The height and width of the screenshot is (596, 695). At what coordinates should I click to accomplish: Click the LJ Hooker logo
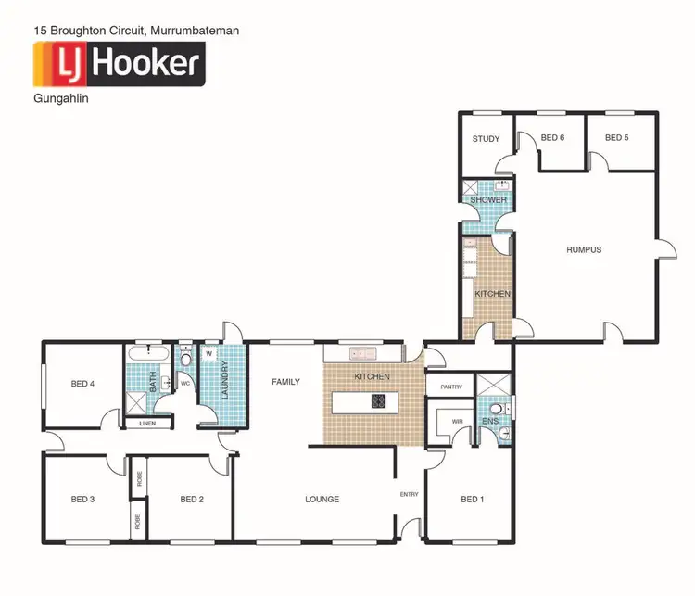[x=119, y=64]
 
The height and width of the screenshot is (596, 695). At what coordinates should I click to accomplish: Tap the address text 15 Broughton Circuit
[x=136, y=31]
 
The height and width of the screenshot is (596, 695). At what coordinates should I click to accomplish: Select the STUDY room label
[x=486, y=139]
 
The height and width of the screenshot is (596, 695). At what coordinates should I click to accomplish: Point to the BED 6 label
[x=552, y=138]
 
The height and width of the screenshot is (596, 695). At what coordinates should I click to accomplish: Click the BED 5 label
[x=616, y=138]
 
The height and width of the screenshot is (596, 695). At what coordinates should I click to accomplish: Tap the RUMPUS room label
[x=585, y=249]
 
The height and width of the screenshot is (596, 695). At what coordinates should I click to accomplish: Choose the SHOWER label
[x=488, y=200]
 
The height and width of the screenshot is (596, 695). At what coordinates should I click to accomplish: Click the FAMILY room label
[x=285, y=381]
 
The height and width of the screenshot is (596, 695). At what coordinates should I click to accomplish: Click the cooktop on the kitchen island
[x=379, y=401]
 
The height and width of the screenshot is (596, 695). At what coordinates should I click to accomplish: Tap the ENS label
[x=490, y=422]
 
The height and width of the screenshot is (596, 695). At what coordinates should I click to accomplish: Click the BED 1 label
[x=472, y=500]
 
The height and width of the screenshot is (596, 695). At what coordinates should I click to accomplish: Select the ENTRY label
[x=409, y=494]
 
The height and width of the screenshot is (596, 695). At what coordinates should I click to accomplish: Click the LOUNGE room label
[x=322, y=500]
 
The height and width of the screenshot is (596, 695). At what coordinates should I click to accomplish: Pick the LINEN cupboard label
[x=147, y=424]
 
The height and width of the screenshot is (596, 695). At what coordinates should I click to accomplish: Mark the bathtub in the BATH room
[x=150, y=355]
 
